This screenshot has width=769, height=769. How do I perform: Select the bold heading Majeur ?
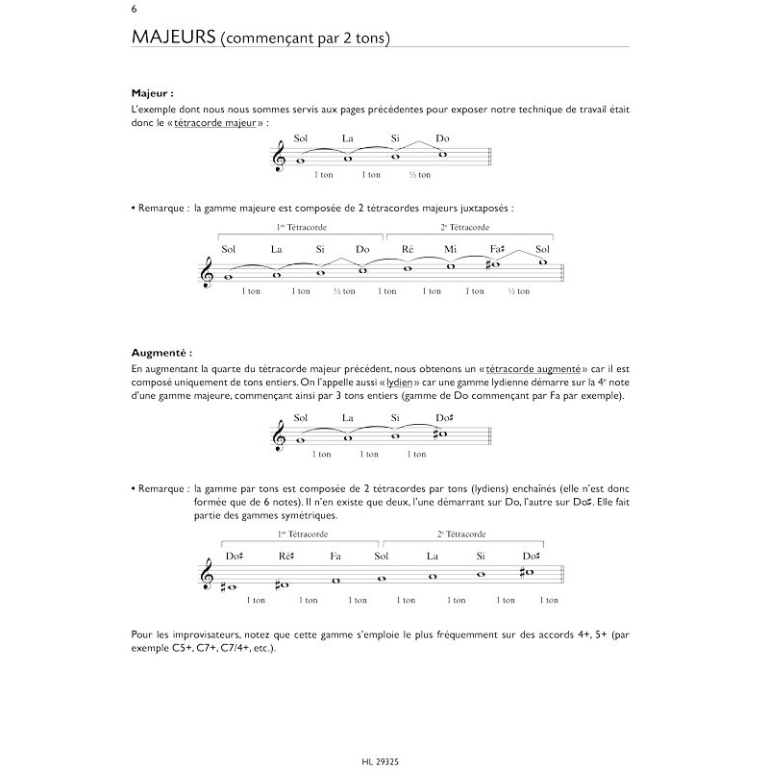[153, 94]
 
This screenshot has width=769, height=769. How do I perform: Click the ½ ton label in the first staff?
[419, 175]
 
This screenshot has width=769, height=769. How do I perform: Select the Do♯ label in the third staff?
[444, 418]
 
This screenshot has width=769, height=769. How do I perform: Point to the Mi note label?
[450, 250]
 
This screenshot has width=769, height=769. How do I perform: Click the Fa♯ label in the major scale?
[497, 250]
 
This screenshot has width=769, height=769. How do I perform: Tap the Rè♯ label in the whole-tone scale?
[285, 556]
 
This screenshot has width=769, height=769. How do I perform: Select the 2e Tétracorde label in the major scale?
[465, 228]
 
